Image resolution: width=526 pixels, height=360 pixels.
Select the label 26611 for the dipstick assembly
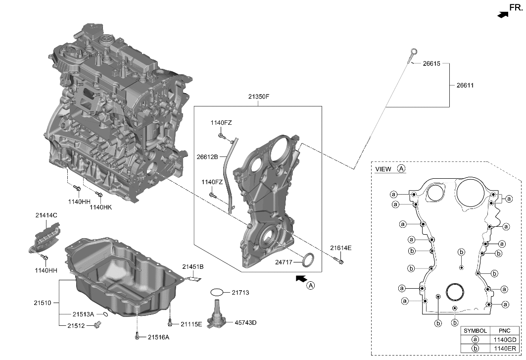pos(465,85)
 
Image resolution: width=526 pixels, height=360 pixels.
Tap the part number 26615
pos(431,64)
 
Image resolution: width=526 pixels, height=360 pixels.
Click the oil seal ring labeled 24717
pos(308,260)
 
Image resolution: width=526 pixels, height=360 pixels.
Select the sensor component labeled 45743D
pos(216,316)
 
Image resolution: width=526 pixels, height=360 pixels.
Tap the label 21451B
pos(192,267)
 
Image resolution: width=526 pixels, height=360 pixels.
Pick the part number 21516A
pos(158,337)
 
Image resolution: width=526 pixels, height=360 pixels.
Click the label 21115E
pos(191,324)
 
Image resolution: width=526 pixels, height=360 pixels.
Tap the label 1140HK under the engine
pos(100,207)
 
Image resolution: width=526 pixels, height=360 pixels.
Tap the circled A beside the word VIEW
pos(401,169)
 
